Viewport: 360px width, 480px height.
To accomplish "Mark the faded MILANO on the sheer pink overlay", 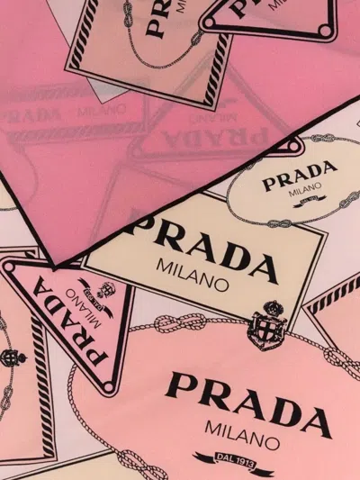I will coord(90,112).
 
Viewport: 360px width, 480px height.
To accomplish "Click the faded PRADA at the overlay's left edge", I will coord(27,117).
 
